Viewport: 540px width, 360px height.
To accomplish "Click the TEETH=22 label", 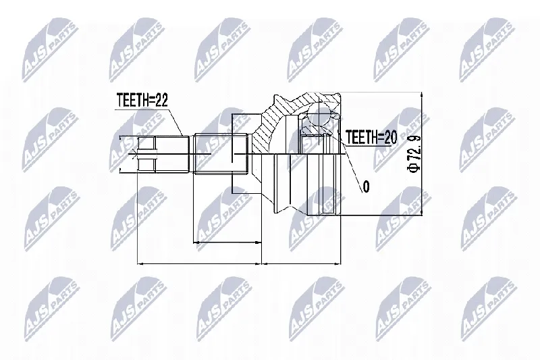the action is (142, 100).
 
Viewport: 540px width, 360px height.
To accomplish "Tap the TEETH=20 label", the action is (371, 137).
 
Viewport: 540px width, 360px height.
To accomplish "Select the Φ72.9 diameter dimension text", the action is (414, 153).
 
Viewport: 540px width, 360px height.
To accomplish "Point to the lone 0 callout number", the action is (366, 186).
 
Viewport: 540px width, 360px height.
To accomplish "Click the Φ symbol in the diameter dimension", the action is (414, 167).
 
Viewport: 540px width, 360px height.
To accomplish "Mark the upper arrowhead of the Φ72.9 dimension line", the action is (421, 95).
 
